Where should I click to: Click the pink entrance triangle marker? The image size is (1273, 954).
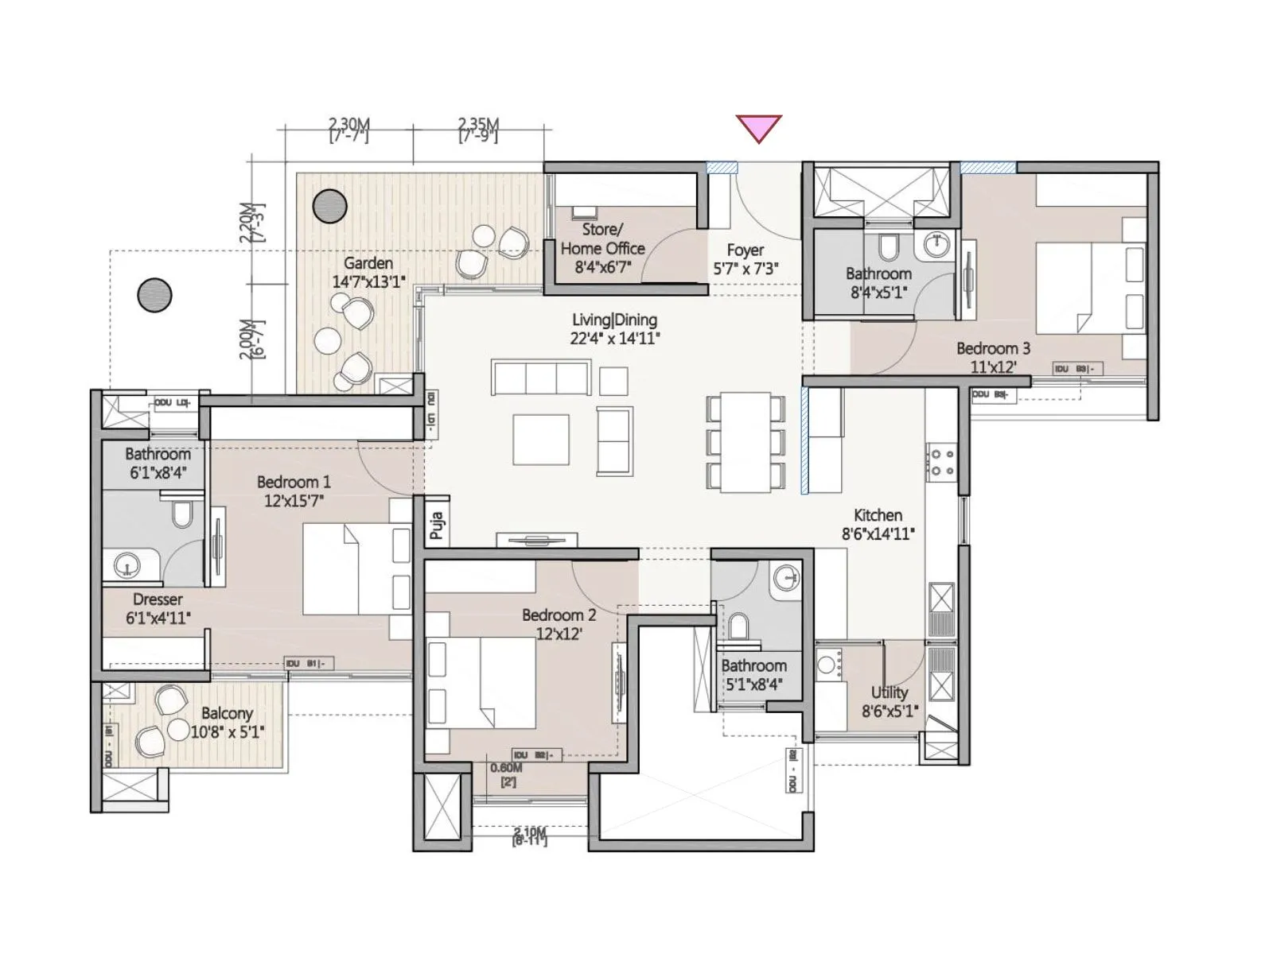click(x=758, y=127)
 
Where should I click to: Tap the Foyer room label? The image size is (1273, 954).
click(x=745, y=250)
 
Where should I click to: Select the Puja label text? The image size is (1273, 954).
click(x=436, y=525)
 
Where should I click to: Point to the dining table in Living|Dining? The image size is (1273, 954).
click(x=746, y=441)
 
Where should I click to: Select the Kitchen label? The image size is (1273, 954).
click(x=878, y=515)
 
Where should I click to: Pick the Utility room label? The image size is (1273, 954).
click(x=889, y=692)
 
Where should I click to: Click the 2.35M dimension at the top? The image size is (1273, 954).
click(x=478, y=125)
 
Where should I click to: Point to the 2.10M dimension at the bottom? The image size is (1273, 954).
click(x=529, y=833)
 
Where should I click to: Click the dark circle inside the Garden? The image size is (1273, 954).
click(x=329, y=207)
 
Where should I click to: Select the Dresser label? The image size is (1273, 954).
click(x=158, y=599)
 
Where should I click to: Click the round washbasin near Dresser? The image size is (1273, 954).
click(x=127, y=566)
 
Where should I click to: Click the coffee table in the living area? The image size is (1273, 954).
click(x=540, y=439)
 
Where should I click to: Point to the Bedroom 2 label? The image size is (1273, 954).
click(x=559, y=615)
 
